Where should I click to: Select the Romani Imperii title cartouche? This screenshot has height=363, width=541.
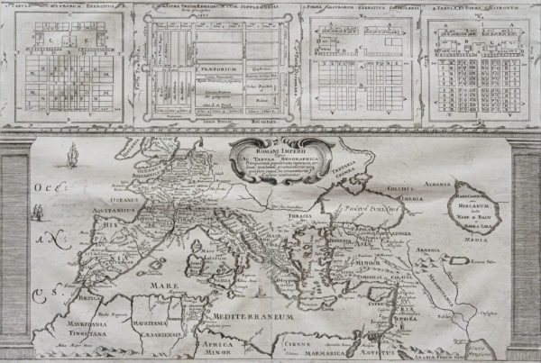point(268,158)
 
